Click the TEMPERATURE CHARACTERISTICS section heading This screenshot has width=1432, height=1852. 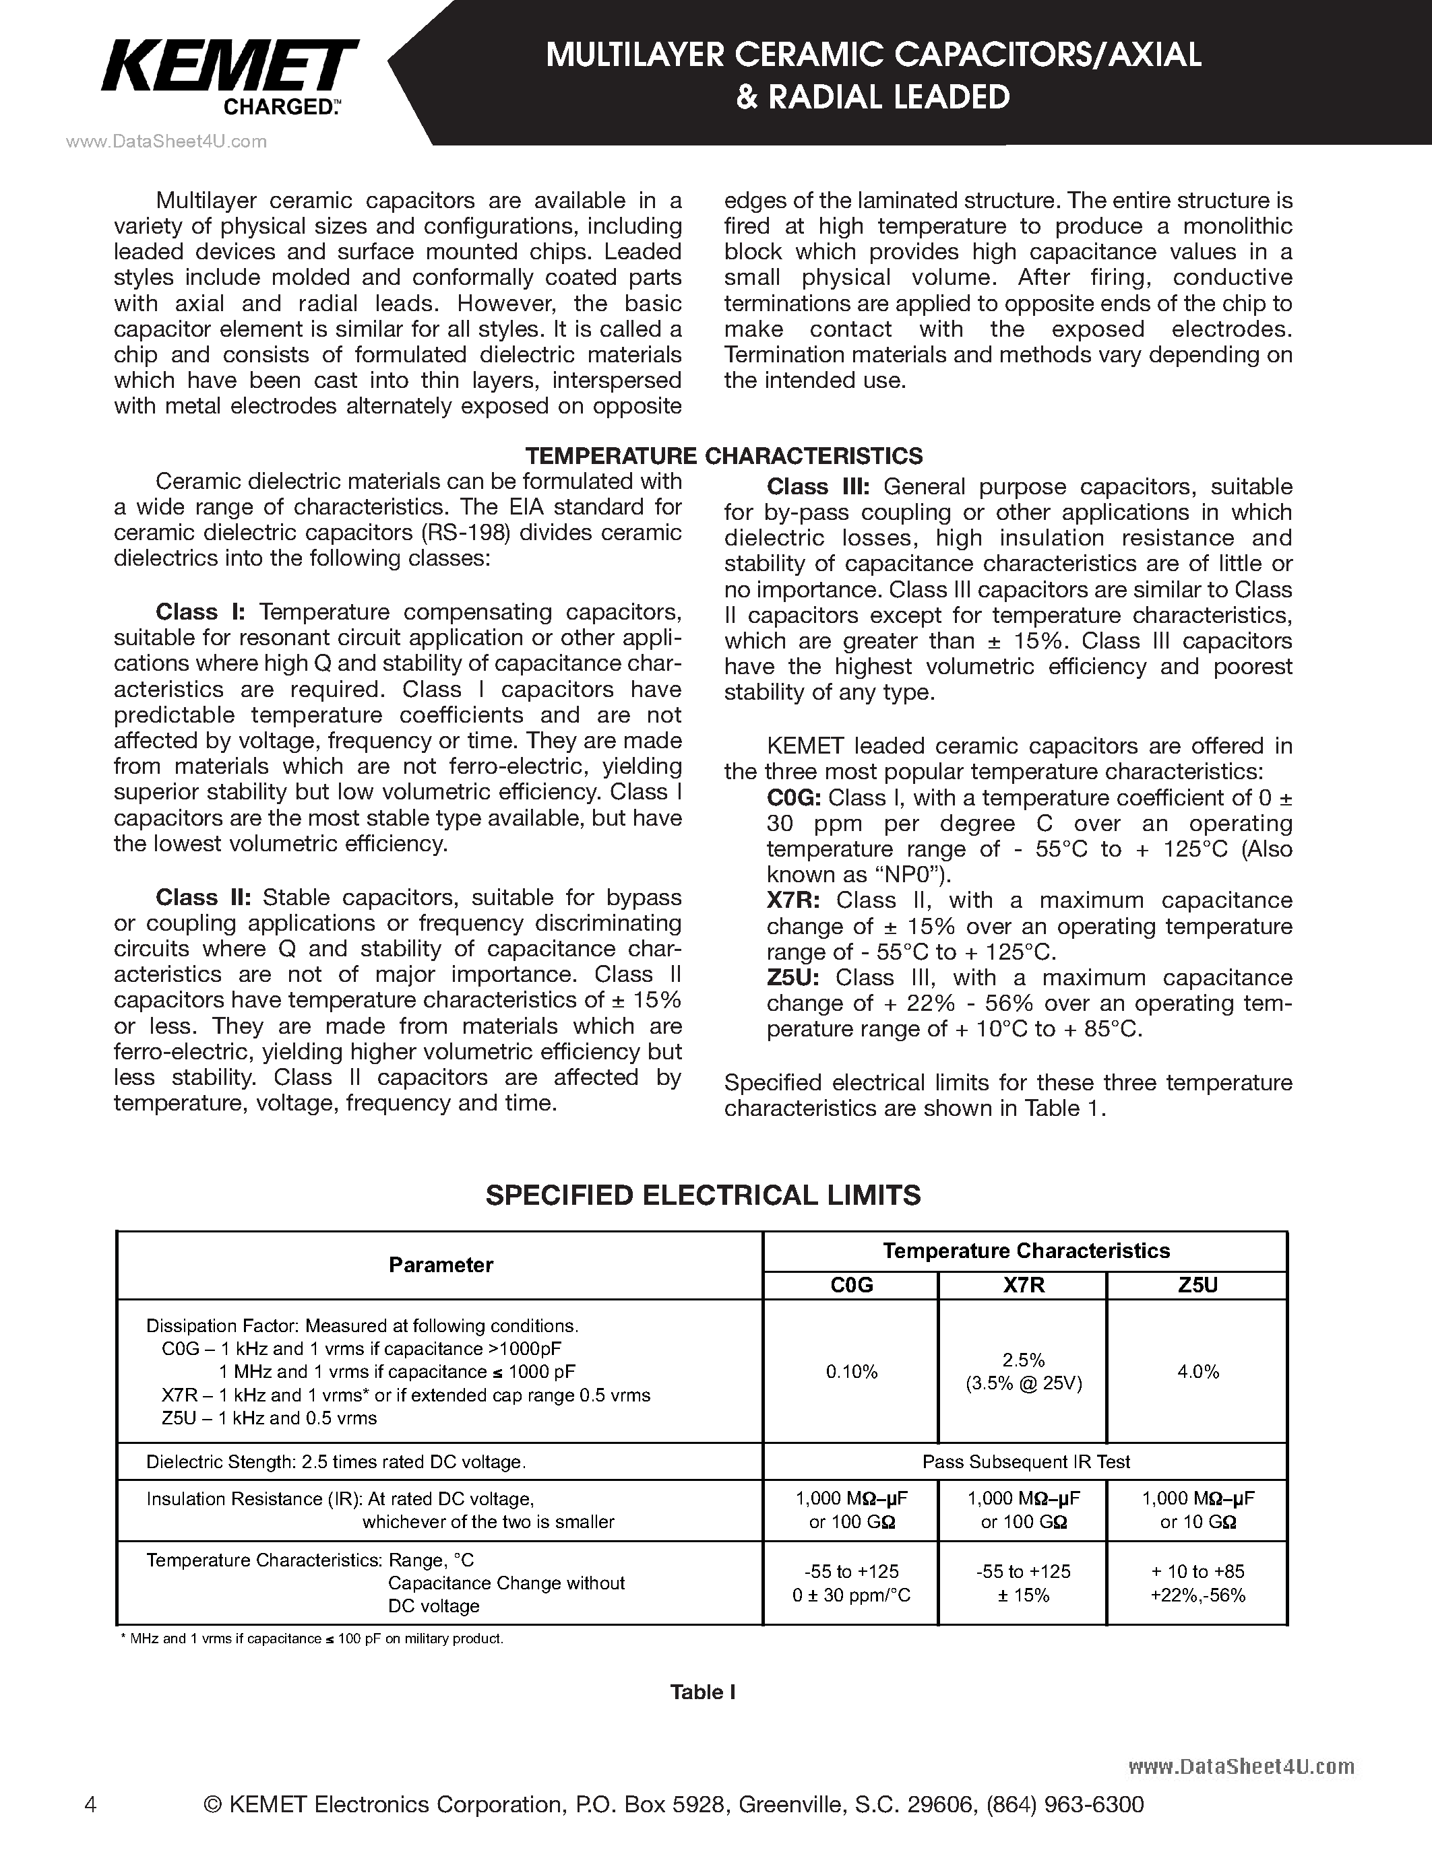[724, 455]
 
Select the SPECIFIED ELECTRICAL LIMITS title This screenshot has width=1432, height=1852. [702, 1195]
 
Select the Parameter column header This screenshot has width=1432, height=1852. [440, 1265]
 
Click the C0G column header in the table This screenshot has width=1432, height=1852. [851, 1286]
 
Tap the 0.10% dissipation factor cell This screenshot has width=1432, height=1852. [852, 1372]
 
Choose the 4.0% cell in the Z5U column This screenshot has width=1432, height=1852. [1198, 1372]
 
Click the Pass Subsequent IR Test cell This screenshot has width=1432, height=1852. [1026, 1462]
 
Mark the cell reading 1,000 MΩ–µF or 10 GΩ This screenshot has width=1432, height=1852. [1198, 1511]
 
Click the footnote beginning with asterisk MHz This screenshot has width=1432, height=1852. [313, 1639]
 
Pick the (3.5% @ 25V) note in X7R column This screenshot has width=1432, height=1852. [1024, 1384]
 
